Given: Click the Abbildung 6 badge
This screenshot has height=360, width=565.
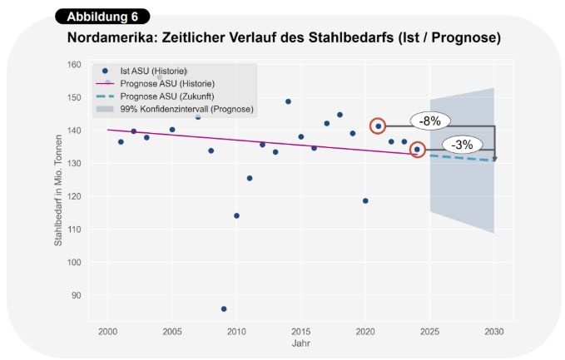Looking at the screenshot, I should (x=102, y=17).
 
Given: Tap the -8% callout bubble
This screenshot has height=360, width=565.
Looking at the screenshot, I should (x=430, y=121).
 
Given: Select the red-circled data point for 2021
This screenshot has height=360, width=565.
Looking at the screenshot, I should (x=379, y=126).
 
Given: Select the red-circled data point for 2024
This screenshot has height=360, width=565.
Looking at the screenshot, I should (x=418, y=150).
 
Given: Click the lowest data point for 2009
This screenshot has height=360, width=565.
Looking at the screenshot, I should (x=224, y=308).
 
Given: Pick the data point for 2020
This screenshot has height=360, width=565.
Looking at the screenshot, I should (x=365, y=200).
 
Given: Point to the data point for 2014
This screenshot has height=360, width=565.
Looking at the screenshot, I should (x=288, y=101).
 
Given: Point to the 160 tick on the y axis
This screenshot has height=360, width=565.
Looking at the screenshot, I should (x=75, y=65).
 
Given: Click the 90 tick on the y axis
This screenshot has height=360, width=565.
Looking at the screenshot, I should (x=77, y=295).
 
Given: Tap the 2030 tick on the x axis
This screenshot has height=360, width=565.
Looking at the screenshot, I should (x=495, y=332).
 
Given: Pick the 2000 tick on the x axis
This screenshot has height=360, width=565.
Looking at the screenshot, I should (x=107, y=332).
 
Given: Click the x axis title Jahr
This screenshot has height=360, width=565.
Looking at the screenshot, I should (x=301, y=343).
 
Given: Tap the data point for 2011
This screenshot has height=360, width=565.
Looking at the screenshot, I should (x=250, y=178).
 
